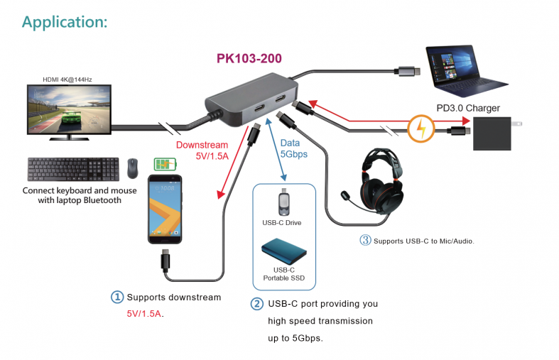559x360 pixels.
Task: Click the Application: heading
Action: [65, 21]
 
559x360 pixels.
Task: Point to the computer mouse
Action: [133, 168]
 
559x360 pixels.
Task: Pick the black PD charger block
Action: [493, 133]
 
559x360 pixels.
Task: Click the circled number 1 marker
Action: [116, 297]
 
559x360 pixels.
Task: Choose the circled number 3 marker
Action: [366, 241]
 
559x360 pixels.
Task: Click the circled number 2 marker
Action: [257, 304]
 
